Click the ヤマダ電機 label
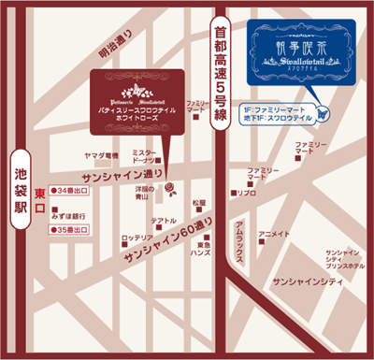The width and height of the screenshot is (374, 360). click(100, 155)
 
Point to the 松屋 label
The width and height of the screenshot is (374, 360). click(197, 201)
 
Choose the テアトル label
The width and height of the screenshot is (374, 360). click(165, 221)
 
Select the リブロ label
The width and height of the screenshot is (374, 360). click(247, 193)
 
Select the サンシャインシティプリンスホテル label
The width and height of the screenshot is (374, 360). click(344, 258)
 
